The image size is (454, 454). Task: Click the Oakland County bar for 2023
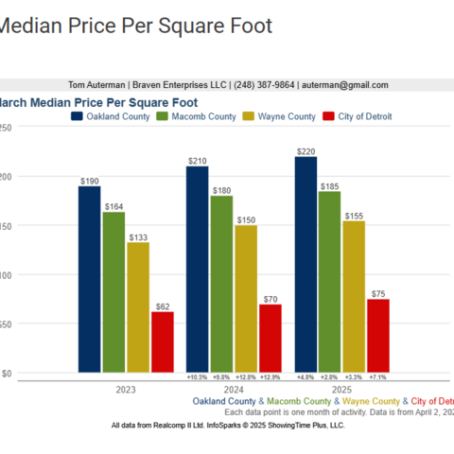(89, 279)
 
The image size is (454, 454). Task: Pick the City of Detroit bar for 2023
(163, 341)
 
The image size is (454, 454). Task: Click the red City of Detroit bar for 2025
(378, 336)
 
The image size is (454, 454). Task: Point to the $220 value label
(306, 151)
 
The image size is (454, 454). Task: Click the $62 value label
(163, 306)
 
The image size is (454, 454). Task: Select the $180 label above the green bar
(221, 190)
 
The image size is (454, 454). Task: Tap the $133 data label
(138, 237)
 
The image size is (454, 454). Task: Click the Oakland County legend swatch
(77, 116)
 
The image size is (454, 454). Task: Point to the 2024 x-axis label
(234, 389)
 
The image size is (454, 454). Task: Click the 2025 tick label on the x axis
(342, 389)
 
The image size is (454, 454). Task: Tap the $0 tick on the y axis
(7, 374)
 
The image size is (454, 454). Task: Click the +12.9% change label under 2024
(271, 376)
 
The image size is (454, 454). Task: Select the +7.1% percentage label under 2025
(378, 376)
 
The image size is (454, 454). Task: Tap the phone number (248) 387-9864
(262, 85)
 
